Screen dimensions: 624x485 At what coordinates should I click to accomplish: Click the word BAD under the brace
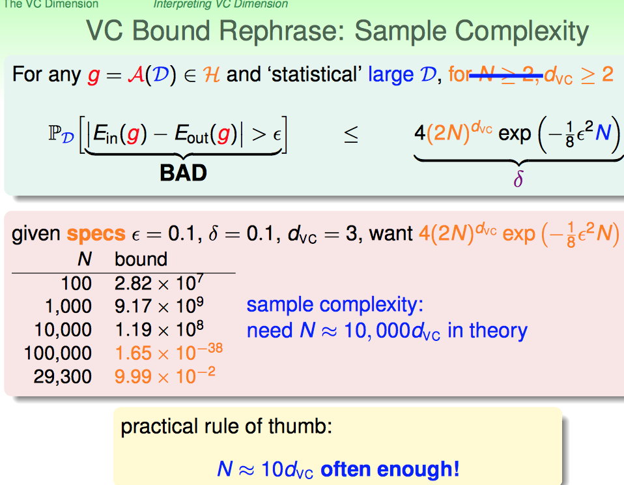coord(184,173)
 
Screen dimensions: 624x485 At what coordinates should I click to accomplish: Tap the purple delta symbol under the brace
coord(518,179)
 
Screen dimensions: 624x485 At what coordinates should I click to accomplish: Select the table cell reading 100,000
coord(58,353)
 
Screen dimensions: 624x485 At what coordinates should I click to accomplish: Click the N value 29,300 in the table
coord(63,376)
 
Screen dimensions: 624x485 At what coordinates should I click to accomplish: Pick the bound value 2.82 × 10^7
coord(159,283)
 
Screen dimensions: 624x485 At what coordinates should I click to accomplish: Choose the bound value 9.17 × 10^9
coord(159,306)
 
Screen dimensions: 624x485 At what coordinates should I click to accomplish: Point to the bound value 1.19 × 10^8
coord(159,329)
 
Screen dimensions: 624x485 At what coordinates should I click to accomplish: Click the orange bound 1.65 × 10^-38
coord(169,352)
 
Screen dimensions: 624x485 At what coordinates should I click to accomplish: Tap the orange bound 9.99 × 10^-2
coord(165,375)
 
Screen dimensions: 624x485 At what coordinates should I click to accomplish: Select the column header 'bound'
coord(141,259)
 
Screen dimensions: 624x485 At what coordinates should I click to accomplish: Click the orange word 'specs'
coord(96,234)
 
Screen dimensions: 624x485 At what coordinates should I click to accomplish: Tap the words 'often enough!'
coord(390,469)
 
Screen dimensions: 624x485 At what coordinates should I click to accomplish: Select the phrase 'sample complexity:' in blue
coord(335,304)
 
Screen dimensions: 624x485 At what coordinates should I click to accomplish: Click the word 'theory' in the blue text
coord(498,331)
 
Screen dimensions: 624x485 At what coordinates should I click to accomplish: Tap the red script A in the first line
coord(136,74)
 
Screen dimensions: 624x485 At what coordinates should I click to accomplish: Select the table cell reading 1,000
coord(68,306)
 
